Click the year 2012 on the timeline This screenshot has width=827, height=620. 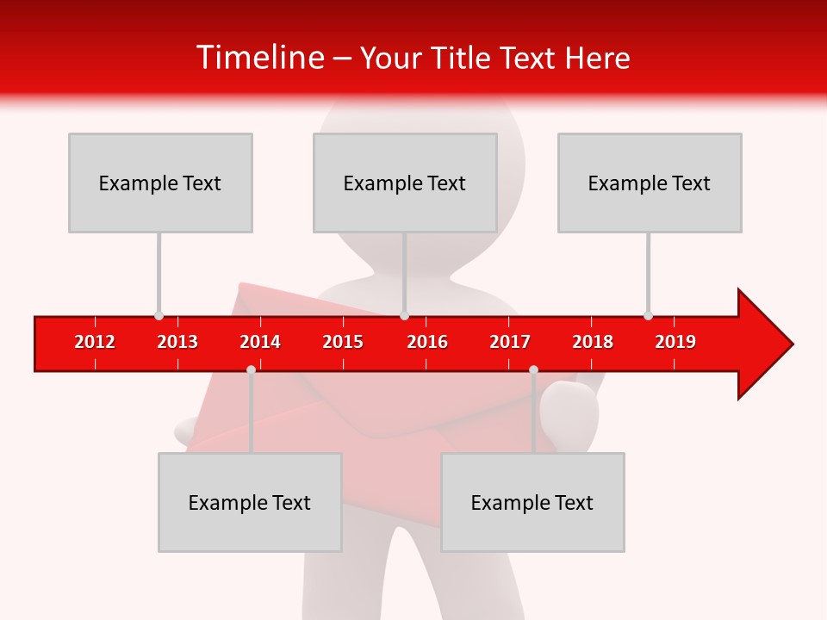click(x=95, y=342)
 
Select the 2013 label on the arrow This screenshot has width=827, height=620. click(x=177, y=342)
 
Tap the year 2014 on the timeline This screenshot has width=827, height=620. click(x=260, y=342)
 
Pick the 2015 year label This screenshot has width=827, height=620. click(x=343, y=342)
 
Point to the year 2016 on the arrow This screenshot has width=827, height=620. click(x=427, y=342)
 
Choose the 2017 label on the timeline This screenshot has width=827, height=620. click(x=510, y=342)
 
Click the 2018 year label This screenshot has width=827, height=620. click(x=593, y=342)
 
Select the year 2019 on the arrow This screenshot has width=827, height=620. click(x=675, y=342)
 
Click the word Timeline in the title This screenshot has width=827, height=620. click(x=258, y=58)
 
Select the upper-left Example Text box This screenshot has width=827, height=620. click(x=160, y=183)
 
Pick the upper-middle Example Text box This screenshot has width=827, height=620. click(x=405, y=183)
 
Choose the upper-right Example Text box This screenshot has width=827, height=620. click(x=650, y=183)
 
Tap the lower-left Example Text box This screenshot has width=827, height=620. click(x=250, y=502)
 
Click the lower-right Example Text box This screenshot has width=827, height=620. click(x=532, y=502)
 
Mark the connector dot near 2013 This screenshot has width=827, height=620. click(x=159, y=315)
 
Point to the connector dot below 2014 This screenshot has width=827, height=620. click(x=251, y=369)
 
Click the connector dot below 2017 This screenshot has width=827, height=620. click(x=533, y=369)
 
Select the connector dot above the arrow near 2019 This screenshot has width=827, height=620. click(x=648, y=315)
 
